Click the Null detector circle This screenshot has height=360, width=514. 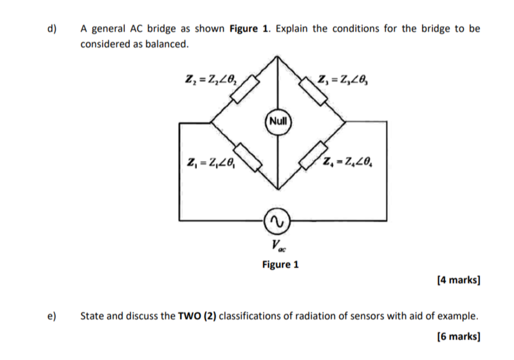(x=278, y=121)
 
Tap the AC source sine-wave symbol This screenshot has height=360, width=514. (x=277, y=221)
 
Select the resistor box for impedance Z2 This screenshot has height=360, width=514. (x=245, y=89)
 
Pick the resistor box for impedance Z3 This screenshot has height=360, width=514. (x=313, y=91)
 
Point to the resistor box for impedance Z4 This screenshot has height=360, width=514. (x=313, y=155)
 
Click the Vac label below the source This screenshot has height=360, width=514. (x=278, y=245)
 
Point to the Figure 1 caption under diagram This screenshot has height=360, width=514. (x=280, y=265)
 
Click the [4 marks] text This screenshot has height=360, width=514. (x=458, y=280)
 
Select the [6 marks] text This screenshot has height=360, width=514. (x=458, y=337)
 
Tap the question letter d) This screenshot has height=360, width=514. (x=52, y=29)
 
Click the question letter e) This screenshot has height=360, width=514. (x=52, y=316)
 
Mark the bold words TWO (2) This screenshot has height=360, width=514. (x=197, y=316)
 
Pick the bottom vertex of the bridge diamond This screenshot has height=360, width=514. (x=278, y=189)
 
